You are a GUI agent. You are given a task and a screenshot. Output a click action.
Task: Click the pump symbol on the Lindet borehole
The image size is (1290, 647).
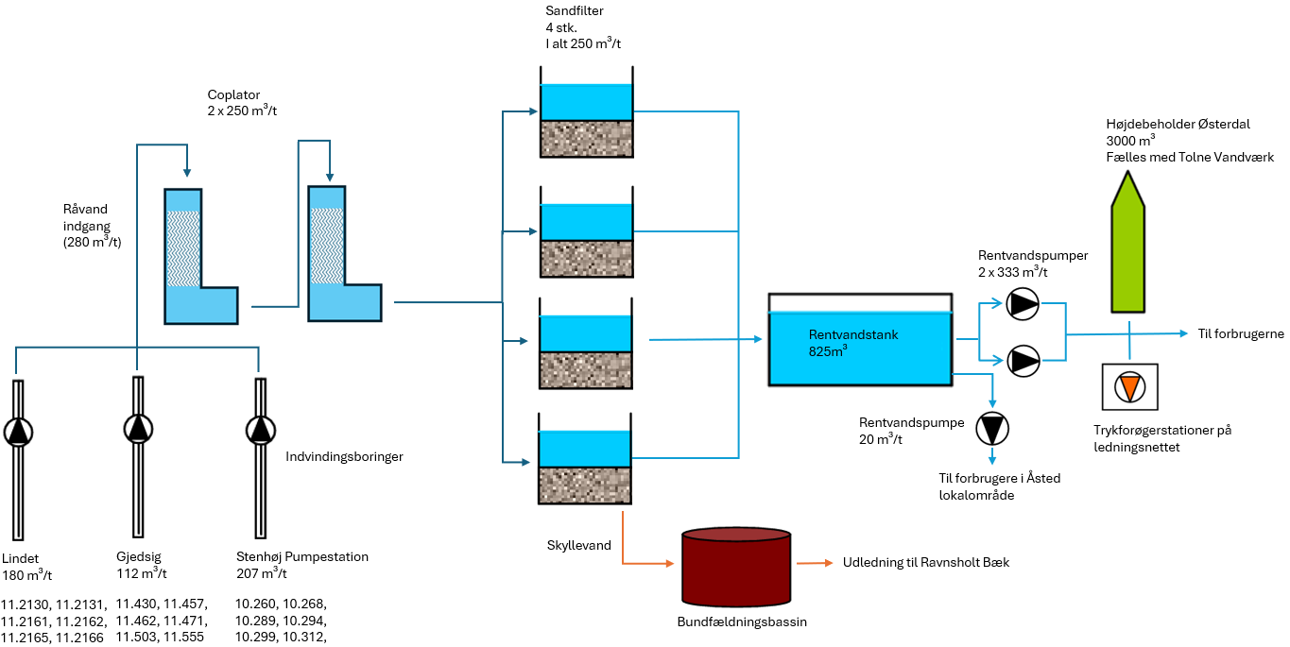18,432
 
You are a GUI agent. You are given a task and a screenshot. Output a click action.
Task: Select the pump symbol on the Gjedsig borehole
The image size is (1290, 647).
138,428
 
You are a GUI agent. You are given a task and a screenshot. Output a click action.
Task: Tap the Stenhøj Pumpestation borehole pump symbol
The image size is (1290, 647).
259,430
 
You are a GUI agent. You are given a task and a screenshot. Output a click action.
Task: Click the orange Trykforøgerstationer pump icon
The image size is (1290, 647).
1128,388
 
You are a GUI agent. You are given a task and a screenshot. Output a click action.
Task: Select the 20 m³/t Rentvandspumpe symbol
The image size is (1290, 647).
992,429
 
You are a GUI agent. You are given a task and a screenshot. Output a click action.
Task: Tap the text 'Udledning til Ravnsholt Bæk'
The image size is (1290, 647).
926,562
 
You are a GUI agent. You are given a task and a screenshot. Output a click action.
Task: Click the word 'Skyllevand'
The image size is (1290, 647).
577,546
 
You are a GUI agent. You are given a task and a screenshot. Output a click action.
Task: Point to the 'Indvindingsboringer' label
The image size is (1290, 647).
345,457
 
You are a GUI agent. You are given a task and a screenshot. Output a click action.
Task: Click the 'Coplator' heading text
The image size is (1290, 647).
232,94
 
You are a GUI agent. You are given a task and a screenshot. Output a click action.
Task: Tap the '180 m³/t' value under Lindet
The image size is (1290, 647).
26,575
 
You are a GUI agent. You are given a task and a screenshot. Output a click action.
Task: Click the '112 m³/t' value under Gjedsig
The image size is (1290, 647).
141,573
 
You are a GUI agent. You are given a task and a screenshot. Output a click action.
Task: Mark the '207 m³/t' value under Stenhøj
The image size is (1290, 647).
262,573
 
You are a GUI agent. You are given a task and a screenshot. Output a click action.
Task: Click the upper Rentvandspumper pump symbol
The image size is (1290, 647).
1023,304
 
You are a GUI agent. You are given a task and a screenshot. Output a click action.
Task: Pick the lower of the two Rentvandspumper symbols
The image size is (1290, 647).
1023,360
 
